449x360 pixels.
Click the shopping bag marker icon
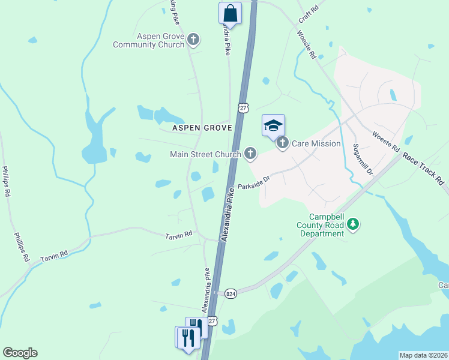[231, 12]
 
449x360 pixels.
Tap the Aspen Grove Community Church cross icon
[193, 40]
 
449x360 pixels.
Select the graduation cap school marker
[273, 125]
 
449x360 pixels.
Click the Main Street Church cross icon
[250, 154]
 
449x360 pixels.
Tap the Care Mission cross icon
[283, 143]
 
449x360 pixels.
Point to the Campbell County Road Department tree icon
[354, 224]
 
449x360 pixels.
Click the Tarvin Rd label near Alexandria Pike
[178, 235]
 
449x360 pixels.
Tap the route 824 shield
[231, 293]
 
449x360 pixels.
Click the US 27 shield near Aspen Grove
[243, 107]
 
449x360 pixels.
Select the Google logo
[20, 353]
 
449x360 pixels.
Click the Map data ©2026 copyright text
[423, 355]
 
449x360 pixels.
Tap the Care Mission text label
[316, 143]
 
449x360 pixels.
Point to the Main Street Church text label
[206, 154]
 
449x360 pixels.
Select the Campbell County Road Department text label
[327, 225]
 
